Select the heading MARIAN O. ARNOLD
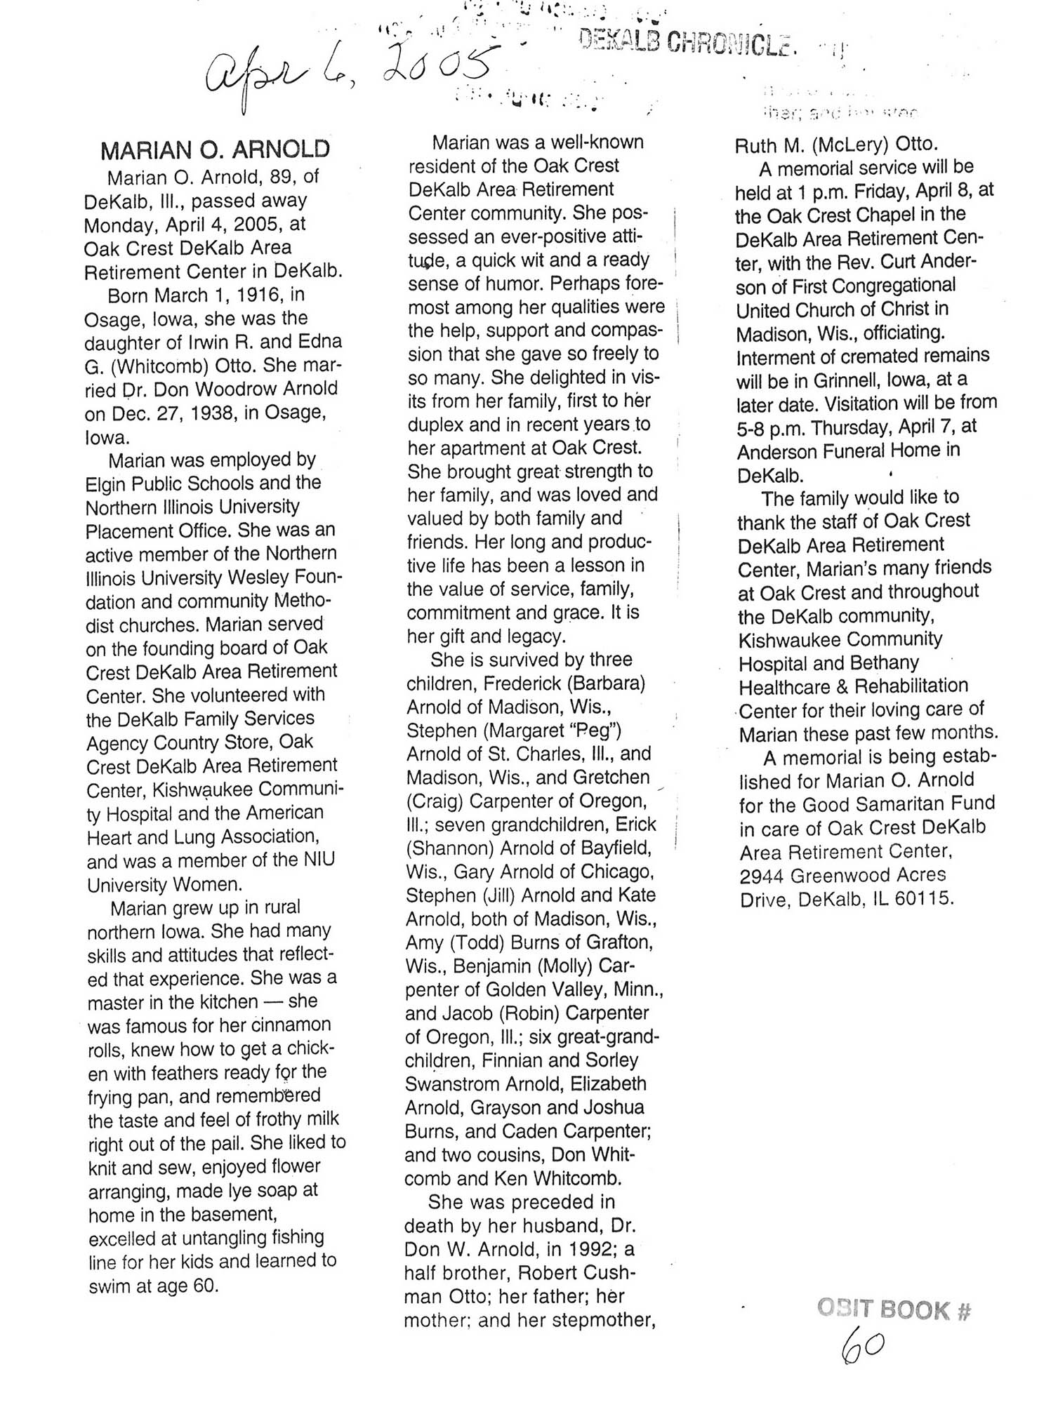click(x=215, y=149)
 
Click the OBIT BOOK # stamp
click(x=894, y=1309)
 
